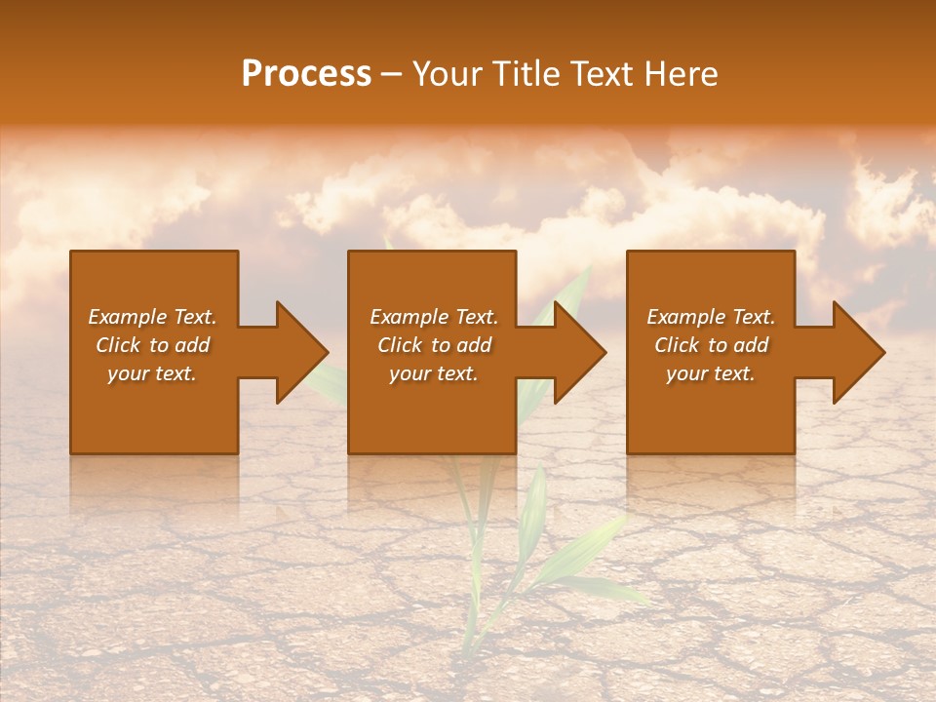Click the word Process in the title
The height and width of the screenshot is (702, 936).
pos(306,74)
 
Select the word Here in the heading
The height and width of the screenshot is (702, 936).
pos(682,74)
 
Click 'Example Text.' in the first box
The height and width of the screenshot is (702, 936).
pos(152,317)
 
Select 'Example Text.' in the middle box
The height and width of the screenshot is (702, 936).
pos(434,317)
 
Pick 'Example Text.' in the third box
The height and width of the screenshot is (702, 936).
pos(711,317)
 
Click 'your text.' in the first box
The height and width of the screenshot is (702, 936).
pos(152,373)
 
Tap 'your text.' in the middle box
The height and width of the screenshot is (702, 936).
pos(434,373)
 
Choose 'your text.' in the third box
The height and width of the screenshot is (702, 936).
pos(711,373)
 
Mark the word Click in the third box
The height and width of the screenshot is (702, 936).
pos(677,345)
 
